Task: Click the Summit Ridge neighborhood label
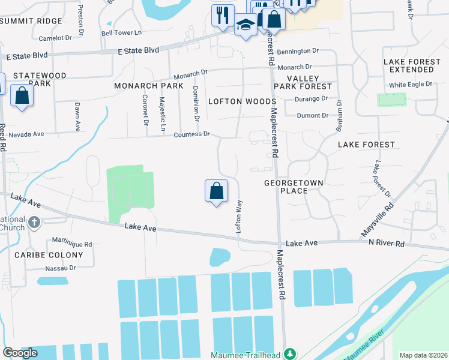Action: click(x=31, y=21)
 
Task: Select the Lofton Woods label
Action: click(x=242, y=101)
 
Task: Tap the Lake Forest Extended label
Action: click(x=412, y=66)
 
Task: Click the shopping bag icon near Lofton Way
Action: click(x=216, y=191)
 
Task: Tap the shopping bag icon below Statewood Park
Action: click(x=22, y=95)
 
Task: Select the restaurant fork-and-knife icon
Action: click(x=223, y=15)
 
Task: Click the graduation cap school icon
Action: click(x=246, y=25)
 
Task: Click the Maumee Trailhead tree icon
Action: click(x=291, y=354)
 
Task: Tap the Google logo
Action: click(x=20, y=353)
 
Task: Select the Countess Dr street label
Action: click(x=191, y=134)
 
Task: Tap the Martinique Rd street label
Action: click(x=71, y=244)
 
